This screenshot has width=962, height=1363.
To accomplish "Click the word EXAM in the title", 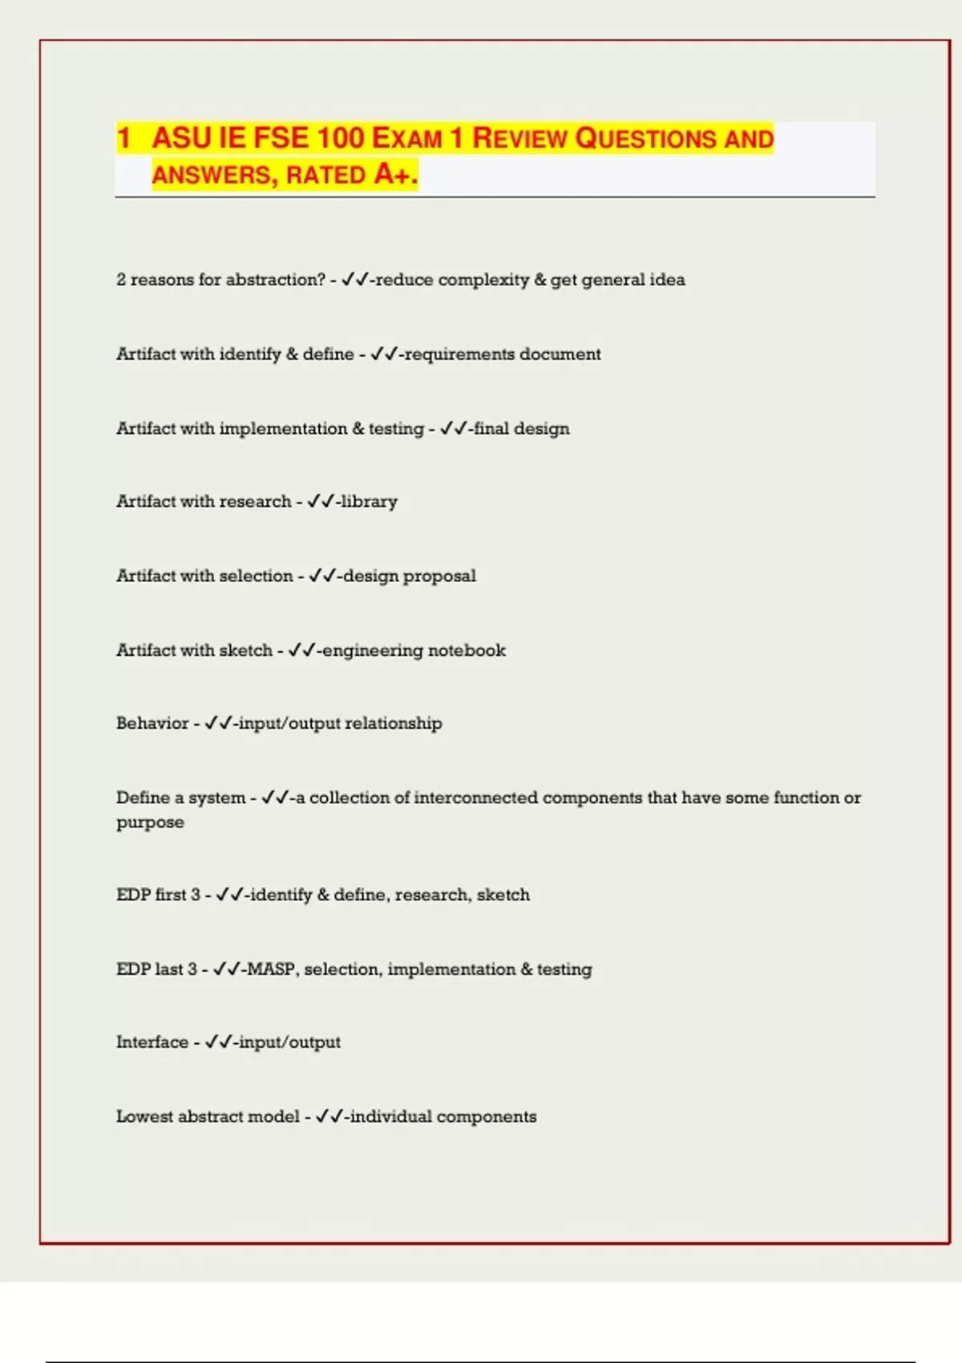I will tap(407, 139).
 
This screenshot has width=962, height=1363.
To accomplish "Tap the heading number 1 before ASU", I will tap(123, 138).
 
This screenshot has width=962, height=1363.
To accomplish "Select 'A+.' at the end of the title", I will tap(396, 174).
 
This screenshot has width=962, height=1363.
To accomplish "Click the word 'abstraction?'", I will tap(275, 280).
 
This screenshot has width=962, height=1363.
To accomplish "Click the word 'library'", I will tap(369, 502).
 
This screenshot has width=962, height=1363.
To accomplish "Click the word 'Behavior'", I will tap(152, 723).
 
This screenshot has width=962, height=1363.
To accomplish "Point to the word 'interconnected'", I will tap(475, 798).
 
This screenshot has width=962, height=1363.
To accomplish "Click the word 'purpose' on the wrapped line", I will tap(150, 823).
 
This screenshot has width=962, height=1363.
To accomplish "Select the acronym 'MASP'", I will tap(272, 969).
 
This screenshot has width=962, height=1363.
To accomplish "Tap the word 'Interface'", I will tap(152, 1042).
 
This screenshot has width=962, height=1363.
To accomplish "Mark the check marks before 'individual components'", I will tap(329, 1117).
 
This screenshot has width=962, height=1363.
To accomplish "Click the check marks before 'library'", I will tap(320, 502).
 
